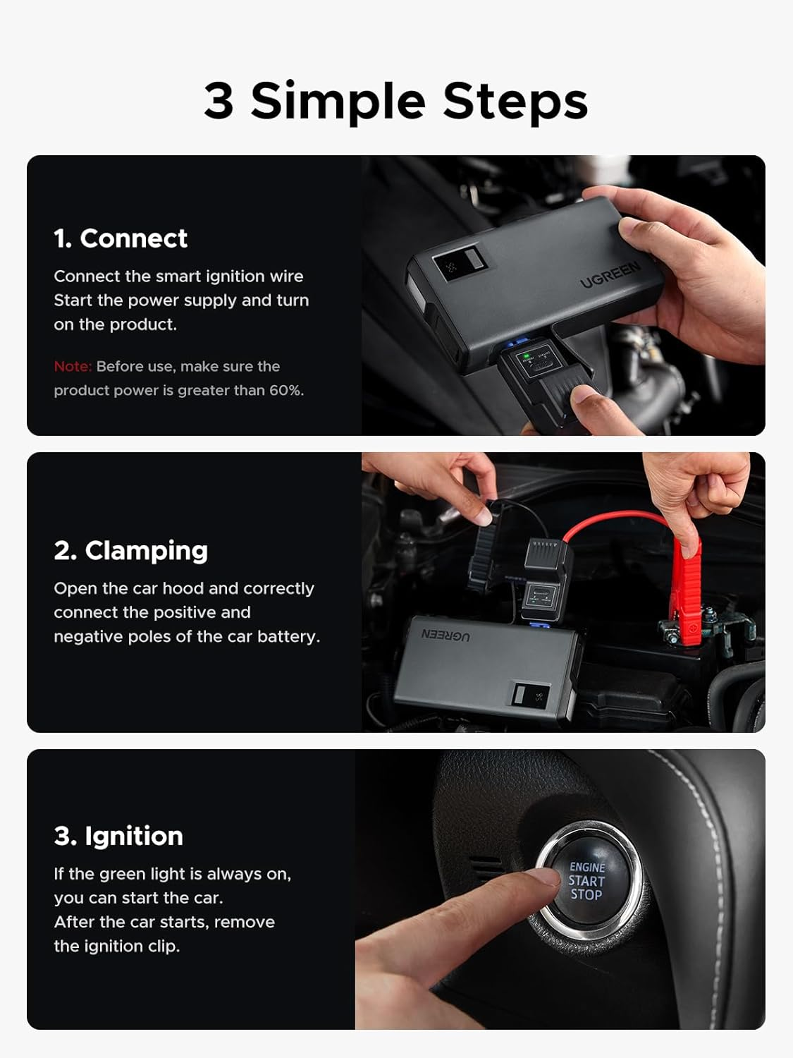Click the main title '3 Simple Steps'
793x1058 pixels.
pyautogui.click(x=396, y=101)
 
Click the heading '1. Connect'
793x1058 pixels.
pyautogui.click(x=121, y=238)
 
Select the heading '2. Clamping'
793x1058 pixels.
pyautogui.click(x=130, y=550)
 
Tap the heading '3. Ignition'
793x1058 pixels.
pyautogui.click(x=118, y=836)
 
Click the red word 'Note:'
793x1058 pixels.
pyautogui.click(x=73, y=367)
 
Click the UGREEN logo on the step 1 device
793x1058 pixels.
pyautogui.click(x=610, y=274)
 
